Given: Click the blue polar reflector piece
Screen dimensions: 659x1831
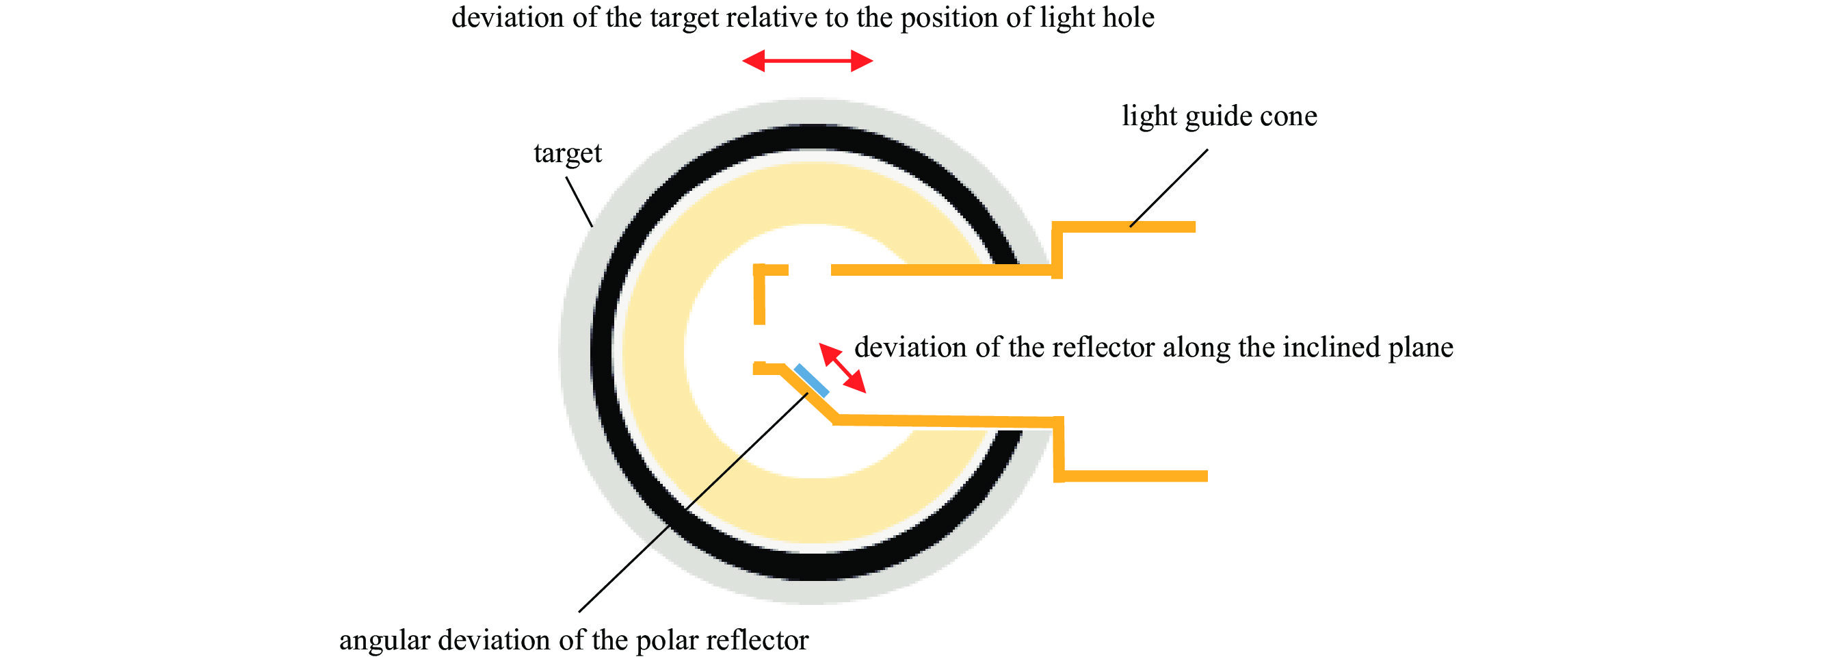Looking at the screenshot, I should point(812,380).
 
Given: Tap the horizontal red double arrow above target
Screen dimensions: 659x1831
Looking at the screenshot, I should point(808,61).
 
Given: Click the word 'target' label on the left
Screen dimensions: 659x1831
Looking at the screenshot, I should point(567,153).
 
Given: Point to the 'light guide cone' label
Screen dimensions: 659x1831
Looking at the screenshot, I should point(1219,116).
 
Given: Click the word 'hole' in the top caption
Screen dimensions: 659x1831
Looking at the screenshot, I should point(1127,17).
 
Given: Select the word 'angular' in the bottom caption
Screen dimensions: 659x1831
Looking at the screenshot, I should point(384,641).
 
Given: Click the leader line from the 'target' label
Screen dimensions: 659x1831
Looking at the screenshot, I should point(579,202).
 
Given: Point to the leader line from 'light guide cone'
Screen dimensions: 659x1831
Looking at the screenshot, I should point(1169,188).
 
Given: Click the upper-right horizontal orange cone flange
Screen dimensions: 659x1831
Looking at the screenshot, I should point(1127,227).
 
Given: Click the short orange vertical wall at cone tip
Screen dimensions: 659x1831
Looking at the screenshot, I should point(759,295).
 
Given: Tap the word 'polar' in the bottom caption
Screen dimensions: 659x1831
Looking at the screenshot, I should point(666,641).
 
